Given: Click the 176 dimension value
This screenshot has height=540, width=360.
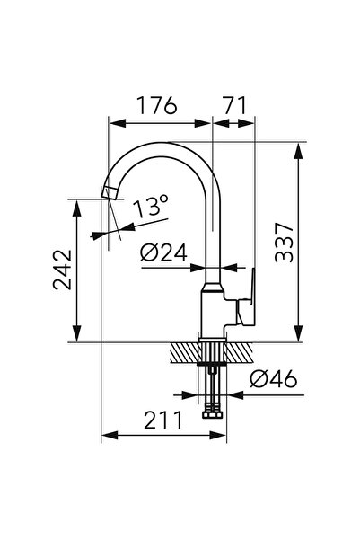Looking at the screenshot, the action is tap(157, 105).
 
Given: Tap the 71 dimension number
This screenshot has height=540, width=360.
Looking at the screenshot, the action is tap(234, 105).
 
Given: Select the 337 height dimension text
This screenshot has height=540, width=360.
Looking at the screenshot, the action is tap(285, 243).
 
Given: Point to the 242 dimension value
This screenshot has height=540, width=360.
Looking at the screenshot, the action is tap(63, 270).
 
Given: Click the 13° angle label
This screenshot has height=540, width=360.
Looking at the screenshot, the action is tap(151, 206).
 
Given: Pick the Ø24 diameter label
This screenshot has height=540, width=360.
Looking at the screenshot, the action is tap(163, 252).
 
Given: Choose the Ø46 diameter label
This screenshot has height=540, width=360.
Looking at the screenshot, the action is tap(274, 379).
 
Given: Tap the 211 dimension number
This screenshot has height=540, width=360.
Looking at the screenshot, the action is tap(162, 420).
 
